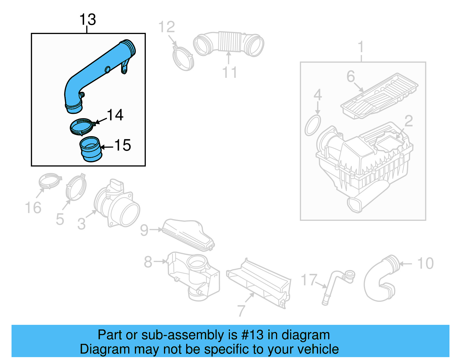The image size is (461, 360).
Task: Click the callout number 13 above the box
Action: [x=87, y=20]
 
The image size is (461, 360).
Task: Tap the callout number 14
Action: [x=115, y=115]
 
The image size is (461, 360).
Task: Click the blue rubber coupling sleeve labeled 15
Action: [x=90, y=149]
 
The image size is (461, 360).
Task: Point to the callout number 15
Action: [x=123, y=145]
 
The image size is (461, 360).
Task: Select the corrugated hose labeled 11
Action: [x=229, y=43]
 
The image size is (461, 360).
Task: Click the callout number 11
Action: [x=229, y=72]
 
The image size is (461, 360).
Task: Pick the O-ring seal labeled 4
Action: [x=313, y=125]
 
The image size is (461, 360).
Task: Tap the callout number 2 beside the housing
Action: [x=409, y=121]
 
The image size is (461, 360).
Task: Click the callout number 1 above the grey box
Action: [x=360, y=47]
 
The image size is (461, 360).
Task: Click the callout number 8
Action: [x=148, y=262]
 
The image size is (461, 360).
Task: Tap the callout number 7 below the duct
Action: [x=241, y=311]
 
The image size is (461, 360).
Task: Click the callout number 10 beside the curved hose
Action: [x=425, y=263]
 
